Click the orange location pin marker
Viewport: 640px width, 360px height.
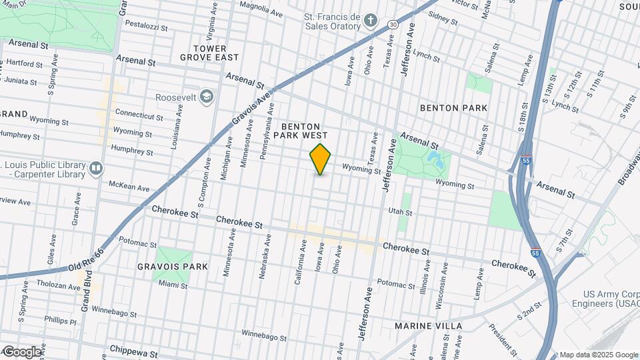point(321,159)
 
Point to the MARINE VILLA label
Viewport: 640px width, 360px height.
point(428,325)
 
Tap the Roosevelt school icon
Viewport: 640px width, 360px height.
point(207,97)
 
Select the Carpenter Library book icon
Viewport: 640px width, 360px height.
point(97,167)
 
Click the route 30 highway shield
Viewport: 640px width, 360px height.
point(393,25)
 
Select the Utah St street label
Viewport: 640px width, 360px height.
point(401,211)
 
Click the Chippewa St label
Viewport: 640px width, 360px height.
point(133,353)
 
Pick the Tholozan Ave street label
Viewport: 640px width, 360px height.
point(57,286)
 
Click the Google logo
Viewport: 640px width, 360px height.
point(21,351)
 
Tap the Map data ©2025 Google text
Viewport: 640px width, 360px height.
point(598,355)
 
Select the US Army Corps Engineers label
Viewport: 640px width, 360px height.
point(610,299)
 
